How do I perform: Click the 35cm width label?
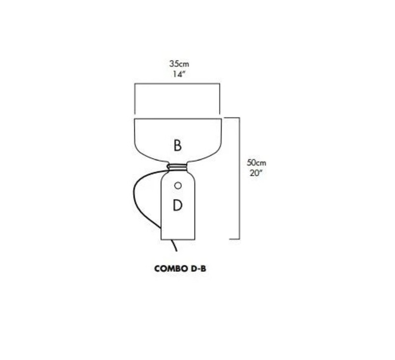179,64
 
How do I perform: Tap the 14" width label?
179,74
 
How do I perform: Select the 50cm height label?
257,162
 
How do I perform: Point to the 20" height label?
257,173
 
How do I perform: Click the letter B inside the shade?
178,146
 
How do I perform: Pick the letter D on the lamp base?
178,205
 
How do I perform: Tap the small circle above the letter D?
178,186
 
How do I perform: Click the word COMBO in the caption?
171,269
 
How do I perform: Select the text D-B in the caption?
199,269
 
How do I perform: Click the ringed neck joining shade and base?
178,166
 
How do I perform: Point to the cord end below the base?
176,251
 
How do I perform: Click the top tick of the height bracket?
232,118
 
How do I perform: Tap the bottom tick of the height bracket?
234,239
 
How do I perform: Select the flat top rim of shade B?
178,118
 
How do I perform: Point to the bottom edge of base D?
178,239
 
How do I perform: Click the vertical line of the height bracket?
239,178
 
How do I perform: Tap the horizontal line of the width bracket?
177,84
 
